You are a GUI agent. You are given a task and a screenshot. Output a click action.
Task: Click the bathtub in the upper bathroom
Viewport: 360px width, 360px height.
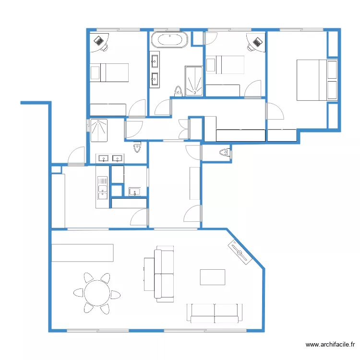(169, 40)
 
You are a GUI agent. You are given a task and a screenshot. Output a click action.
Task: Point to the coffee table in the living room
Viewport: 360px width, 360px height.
(212, 277)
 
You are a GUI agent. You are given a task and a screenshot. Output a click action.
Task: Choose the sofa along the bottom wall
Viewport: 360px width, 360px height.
(215, 312)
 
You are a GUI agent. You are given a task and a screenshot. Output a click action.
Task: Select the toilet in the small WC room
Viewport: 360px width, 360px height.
(224, 153)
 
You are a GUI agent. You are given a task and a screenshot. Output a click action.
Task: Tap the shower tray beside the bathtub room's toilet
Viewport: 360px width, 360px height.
(194, 80)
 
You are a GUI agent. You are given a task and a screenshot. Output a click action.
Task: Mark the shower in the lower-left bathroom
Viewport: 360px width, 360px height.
(99, 131)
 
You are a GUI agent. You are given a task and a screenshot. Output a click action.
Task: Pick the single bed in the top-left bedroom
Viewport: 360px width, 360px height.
(109, 72)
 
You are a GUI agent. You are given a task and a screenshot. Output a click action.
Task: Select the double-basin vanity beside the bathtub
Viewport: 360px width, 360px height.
(155, 70)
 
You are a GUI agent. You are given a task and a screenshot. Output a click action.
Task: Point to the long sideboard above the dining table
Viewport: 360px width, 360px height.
(83, 253)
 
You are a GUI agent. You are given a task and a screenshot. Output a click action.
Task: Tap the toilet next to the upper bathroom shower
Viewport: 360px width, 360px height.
(179, 91)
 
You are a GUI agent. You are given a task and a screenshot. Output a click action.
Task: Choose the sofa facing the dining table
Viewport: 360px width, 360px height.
(164, 275)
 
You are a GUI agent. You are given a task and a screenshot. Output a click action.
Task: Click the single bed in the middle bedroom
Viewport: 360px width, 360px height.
(224, 65)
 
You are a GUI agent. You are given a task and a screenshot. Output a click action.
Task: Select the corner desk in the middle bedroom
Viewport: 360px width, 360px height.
(257, 42)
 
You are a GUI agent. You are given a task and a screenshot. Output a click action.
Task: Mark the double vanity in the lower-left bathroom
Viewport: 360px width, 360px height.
(109, 158)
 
